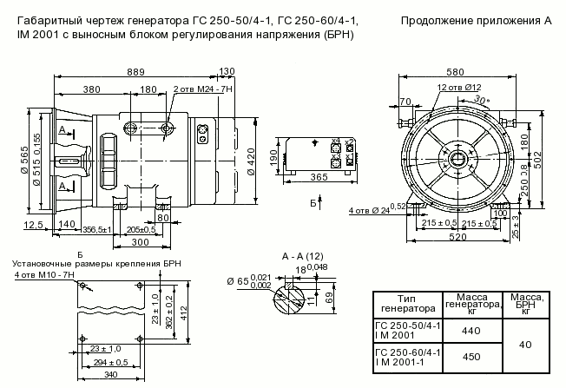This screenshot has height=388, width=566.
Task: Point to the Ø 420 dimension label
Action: click(x=251, y=161)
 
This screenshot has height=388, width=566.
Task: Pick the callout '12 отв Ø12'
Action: click(x=459, y=89)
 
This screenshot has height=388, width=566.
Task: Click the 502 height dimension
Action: click(x=538, y=160)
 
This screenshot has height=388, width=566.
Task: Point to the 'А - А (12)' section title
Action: click(x=303, y=257)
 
